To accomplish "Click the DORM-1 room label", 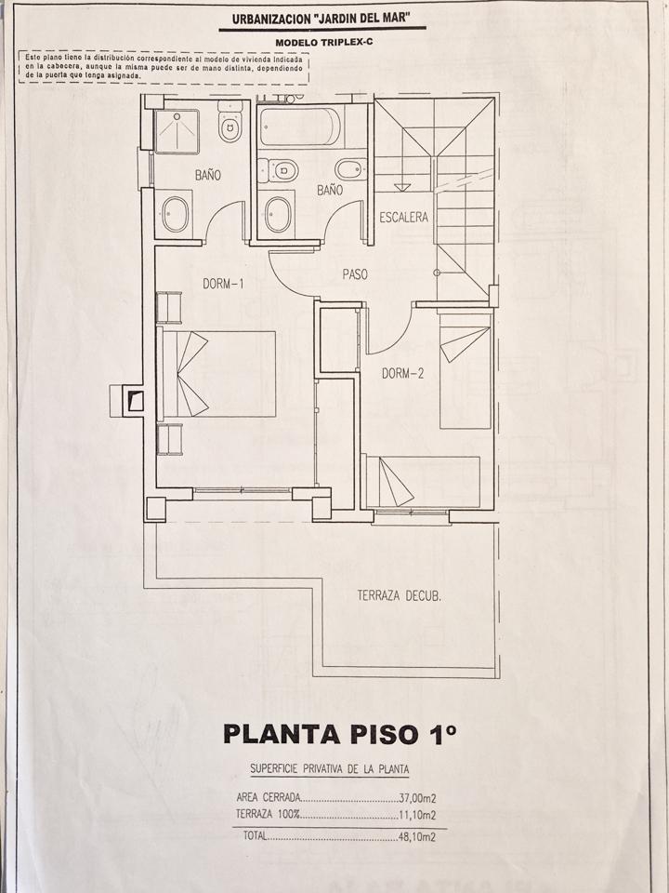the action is [223, 284].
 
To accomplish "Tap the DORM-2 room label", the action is [402, 374].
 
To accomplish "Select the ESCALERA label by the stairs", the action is [403, 217].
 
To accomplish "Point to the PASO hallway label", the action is [355, 273].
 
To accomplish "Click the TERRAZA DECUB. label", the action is [400, 596].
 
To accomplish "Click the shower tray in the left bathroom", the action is [177, 131].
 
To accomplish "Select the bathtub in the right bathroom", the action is [300, 127].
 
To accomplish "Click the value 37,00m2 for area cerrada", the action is [417, 798].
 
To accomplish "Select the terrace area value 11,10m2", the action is [417, 815].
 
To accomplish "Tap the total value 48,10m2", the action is [417, 836].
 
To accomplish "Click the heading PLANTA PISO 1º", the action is [340, 734].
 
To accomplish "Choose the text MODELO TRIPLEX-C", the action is [323, 43].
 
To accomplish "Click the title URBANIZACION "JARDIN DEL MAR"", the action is [321, 19].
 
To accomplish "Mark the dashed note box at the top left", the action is [164, 67].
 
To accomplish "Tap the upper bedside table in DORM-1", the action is [169, 308].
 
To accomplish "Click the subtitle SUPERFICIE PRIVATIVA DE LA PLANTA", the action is [329, 769].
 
